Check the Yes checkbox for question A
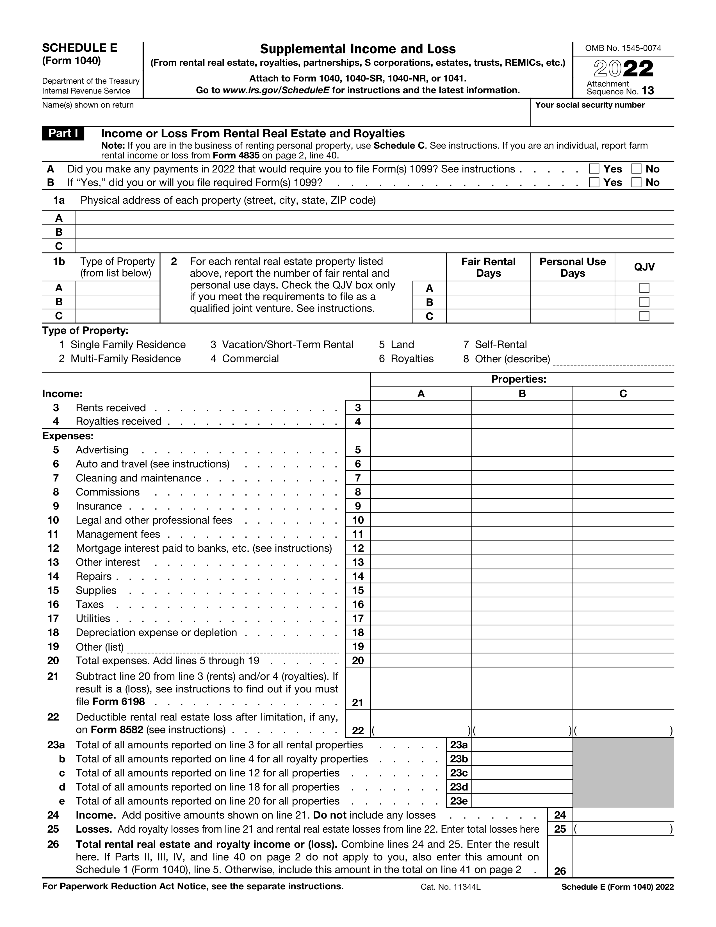tap(594, 169)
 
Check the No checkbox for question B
tap(636, 183)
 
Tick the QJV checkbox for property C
tap(644, 316)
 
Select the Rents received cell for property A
tap(421, 408)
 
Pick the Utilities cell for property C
tap(623, 619)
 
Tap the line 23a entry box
tap(522, 745)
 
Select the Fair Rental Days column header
tap(488, 267)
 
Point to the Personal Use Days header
tap(572, 267)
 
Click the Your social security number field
tap(602, 117)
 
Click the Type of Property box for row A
tap(117, 288)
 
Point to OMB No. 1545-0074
tap(623, 48)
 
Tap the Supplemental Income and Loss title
tap(357, 49)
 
